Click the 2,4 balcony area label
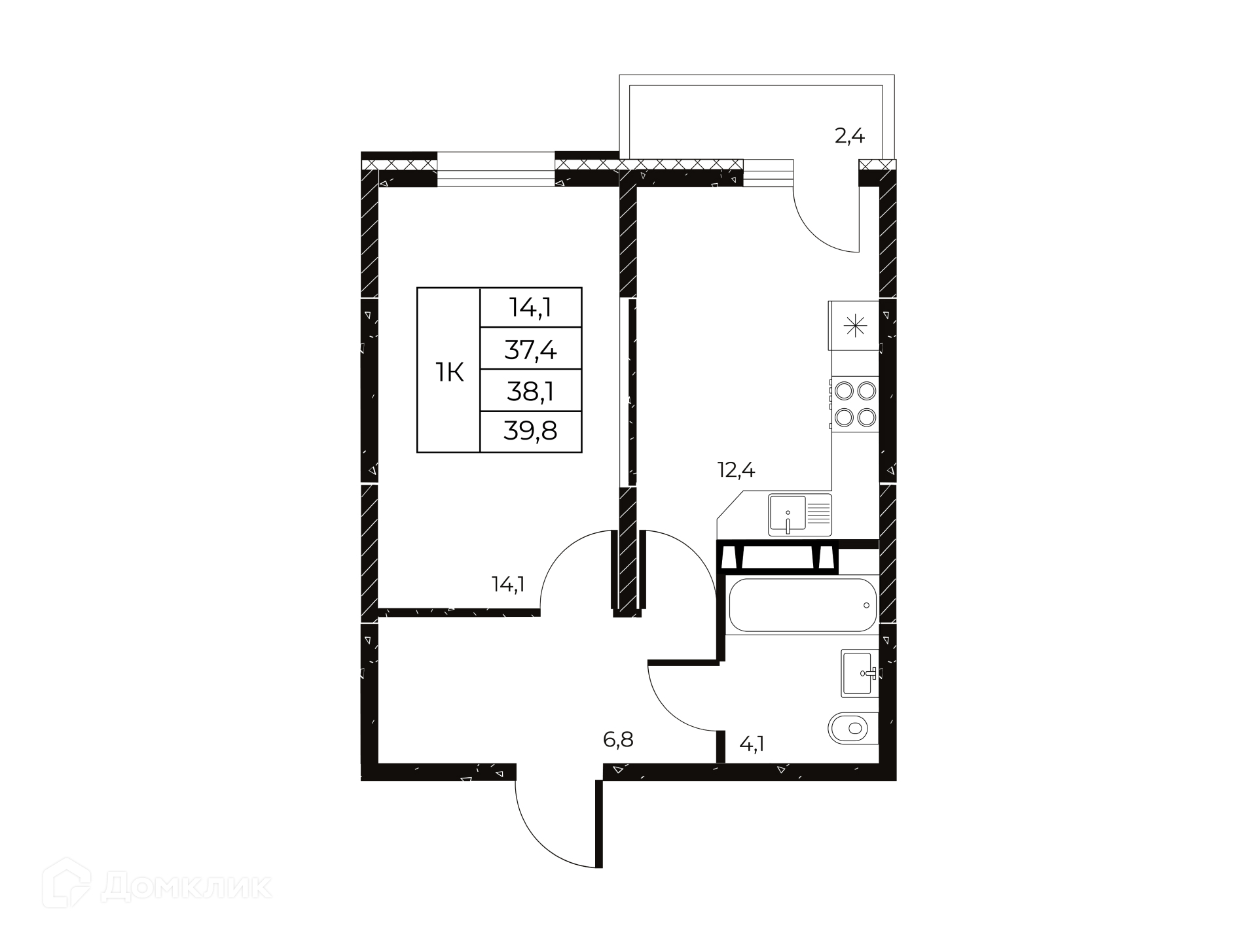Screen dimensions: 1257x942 [x=849, y=136]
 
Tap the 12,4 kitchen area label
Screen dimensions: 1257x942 [x=737, y=470]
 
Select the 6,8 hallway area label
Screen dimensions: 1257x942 [x=618, y=740]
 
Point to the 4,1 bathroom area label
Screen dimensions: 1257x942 [x=752, y=744]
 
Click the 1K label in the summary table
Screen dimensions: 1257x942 [x=450, y=373]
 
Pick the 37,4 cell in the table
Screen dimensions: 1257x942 [x=530, y=350]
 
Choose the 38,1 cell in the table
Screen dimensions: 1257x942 [x=530, y=391]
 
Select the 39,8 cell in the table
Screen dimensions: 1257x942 [x=530, y=430]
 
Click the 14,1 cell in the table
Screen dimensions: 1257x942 [x=530, y=307]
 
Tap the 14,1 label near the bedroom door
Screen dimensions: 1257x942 [x=508, y=584]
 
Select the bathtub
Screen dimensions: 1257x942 [x=802, y=605]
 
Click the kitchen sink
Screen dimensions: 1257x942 [x=800, y=515]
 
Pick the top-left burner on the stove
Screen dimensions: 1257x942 [x=845, y=391]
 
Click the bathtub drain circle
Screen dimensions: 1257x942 [x=866, y=605]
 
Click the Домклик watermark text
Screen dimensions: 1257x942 [x=187, y=887]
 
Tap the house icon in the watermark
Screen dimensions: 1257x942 [x=66, y=883]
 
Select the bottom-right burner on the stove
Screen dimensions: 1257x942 [x=867, y=417]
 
